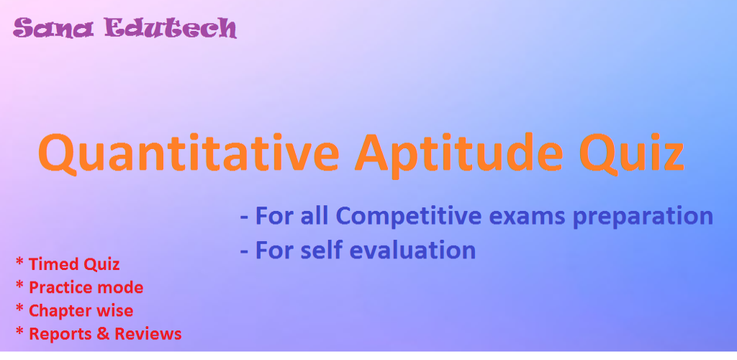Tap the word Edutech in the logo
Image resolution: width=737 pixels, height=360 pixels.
171,29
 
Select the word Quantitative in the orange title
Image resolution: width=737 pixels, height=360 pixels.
189,153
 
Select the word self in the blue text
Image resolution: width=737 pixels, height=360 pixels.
322,250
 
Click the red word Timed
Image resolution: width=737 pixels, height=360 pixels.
52,264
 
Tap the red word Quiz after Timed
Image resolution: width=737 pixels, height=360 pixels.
101,264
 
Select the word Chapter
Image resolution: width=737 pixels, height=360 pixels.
58,310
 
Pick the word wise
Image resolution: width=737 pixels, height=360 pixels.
113,310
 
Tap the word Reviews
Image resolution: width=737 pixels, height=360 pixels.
148,333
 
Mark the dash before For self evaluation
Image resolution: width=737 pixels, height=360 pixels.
244,252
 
